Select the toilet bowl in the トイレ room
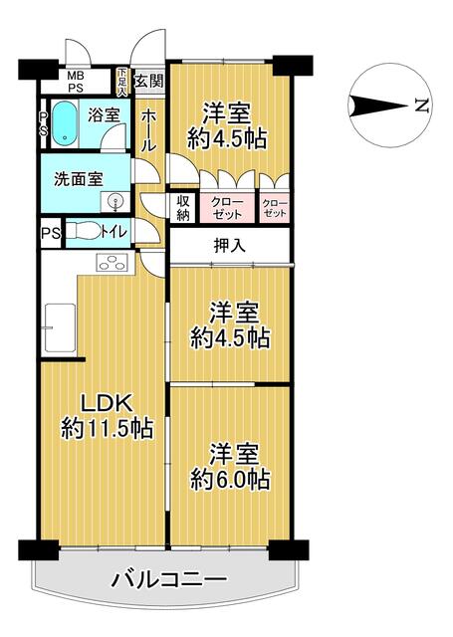click(x=84, y=232)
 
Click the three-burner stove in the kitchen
click(x=112, y=262)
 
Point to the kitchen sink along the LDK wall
click(x=60, y=327)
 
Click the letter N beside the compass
click(x=422, y=106)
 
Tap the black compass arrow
click(x=378, y=106)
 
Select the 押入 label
click(x=230, y=246)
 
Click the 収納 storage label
click(x=183, y=208)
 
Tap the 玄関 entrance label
click(x=149, y=82)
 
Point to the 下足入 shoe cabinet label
click(x=122, y=83)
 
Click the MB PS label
click(x=75, y=82)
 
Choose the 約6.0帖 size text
click(x=230, y=481)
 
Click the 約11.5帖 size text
click(x=108, y=428)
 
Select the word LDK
click(x=107, y=404)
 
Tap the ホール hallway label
click(x=148, y=131)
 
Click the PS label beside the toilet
click(x=51, y=234)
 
